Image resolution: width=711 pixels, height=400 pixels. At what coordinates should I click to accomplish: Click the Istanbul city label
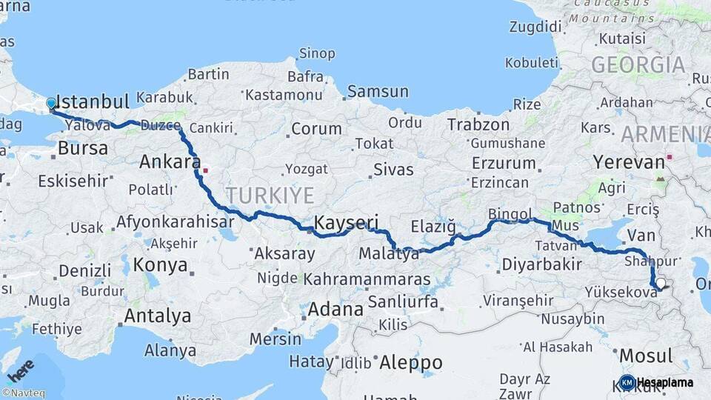[93, 101]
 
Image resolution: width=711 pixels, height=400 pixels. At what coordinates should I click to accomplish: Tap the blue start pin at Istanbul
[51, 104]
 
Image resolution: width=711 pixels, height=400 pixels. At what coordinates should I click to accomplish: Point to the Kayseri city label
[346, 222]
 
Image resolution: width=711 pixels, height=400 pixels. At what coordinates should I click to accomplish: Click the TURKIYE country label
[270, 195]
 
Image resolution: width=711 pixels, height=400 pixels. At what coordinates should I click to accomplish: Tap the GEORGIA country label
[638, 64]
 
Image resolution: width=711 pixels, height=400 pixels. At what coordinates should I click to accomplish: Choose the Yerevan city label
[629, 162]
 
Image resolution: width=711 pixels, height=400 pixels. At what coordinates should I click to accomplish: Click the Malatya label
[389, 254]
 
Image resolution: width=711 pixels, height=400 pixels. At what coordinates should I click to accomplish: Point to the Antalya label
[157, 316]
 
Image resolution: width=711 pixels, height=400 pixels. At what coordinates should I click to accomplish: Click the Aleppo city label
[410, 363]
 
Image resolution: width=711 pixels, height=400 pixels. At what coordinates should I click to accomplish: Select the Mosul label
[646, 356]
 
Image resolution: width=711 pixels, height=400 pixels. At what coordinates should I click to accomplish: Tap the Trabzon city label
[478, 124]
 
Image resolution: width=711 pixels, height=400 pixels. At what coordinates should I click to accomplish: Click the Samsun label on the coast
[378, 92]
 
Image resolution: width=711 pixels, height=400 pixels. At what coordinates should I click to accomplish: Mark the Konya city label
[156, 264]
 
